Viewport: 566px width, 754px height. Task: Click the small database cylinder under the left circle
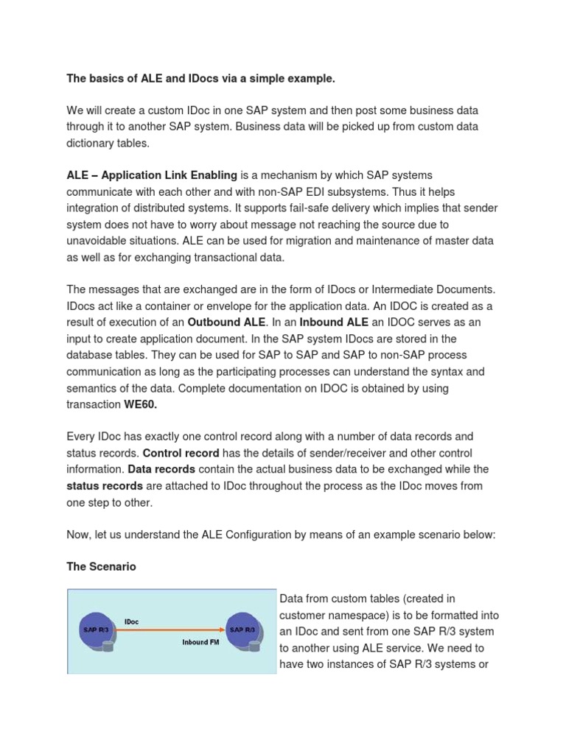tap(110, 646)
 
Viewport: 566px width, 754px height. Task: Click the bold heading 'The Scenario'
tap(101, 567)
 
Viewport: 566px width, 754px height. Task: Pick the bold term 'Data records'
tap(161, 469)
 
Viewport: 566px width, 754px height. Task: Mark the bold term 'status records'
tap(105, 485)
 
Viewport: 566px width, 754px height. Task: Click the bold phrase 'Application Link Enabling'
tap(170, 175)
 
